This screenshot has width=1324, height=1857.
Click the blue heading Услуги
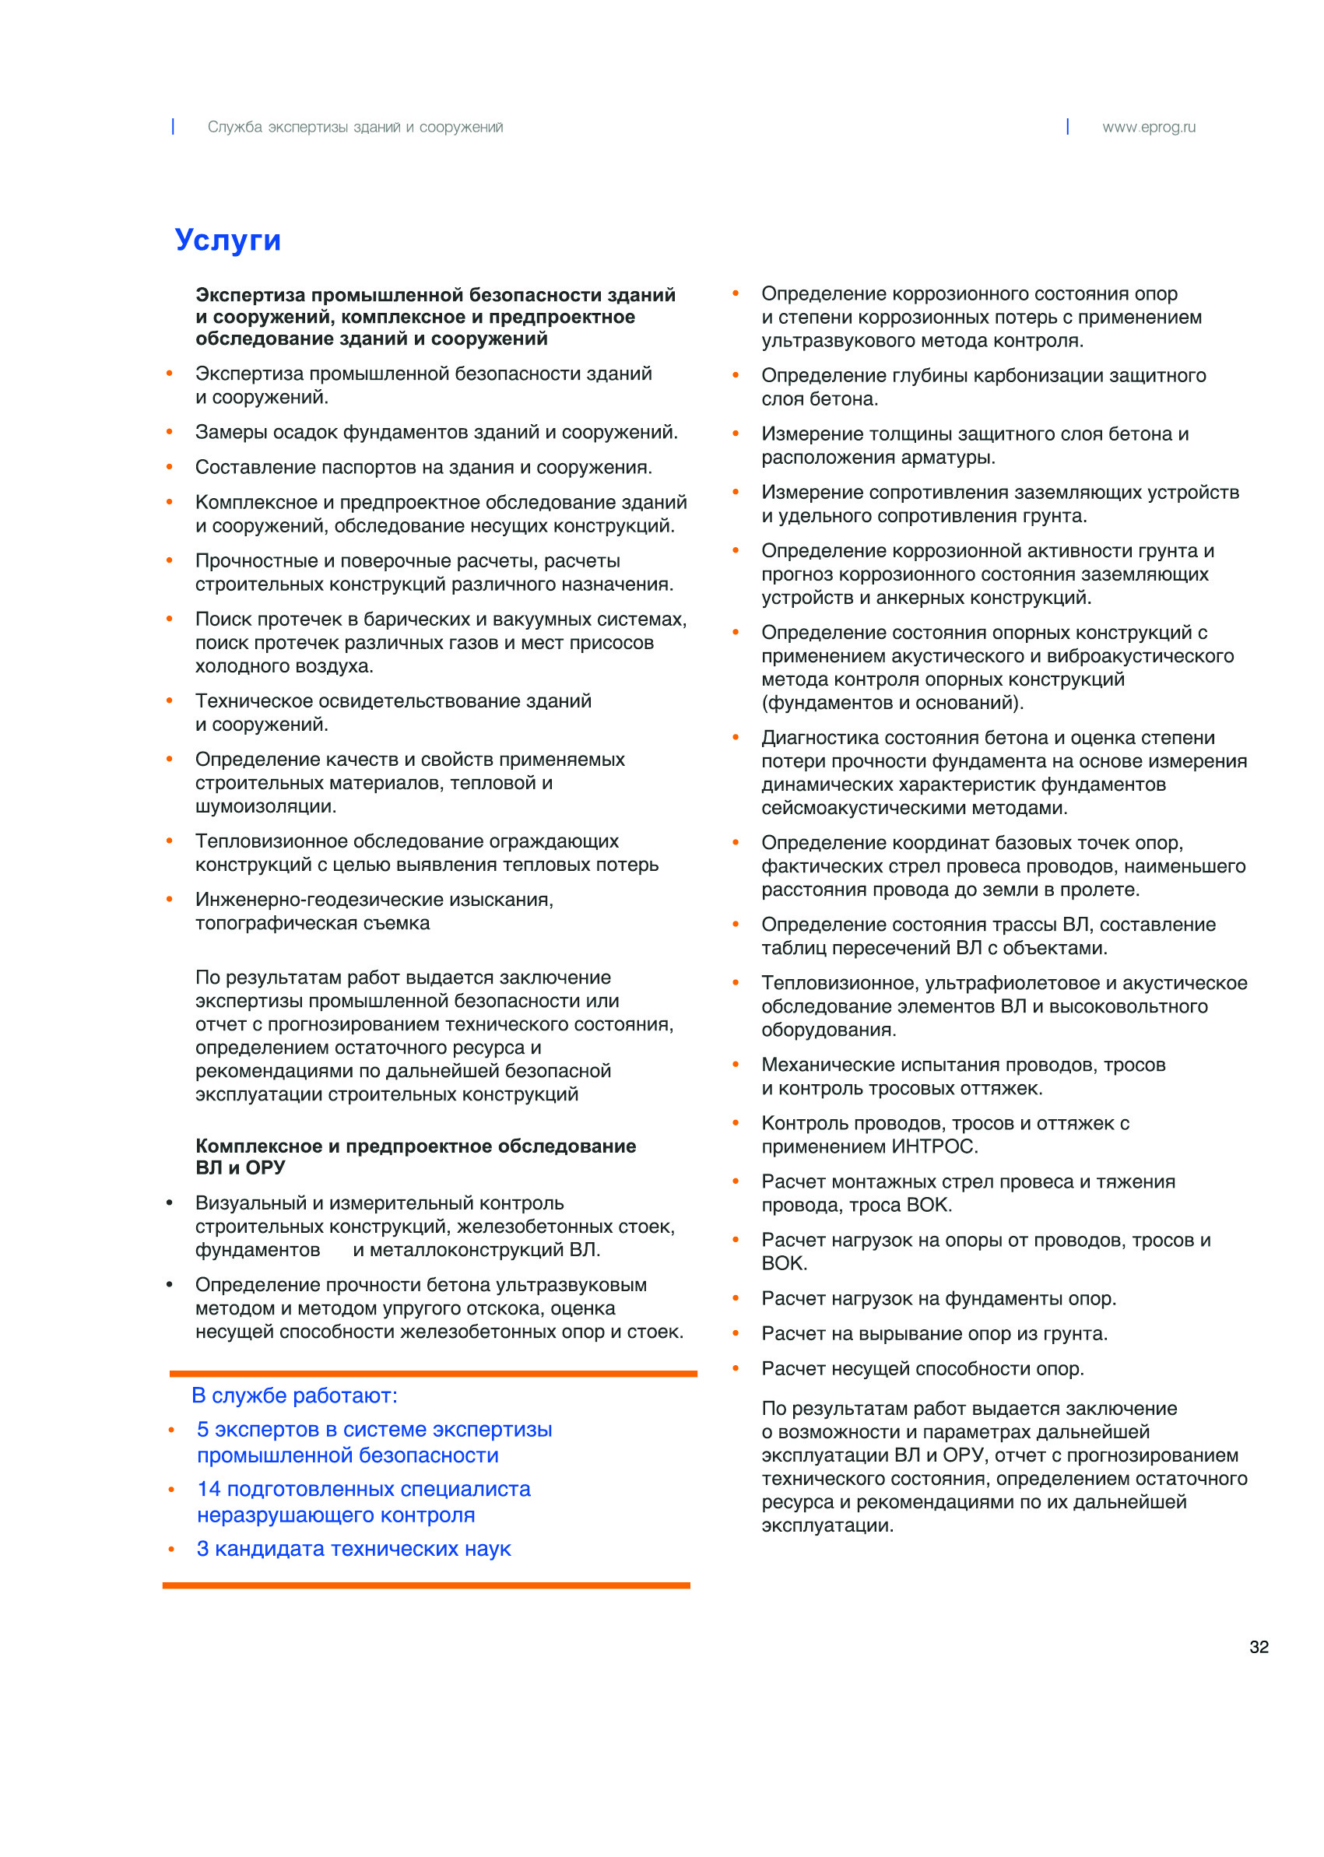click(x=227, y=240)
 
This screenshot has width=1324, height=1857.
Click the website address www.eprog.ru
click(x=1149, y=127)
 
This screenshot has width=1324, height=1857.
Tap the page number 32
click(x=1258, y=1647)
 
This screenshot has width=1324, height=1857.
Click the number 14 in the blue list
click(x=209, y=1490)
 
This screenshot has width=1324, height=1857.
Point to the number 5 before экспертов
click(x=202, y=1430)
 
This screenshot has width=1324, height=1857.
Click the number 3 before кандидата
click(x=202, y=1549)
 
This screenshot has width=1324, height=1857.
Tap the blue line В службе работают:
click(x=294, y=1395)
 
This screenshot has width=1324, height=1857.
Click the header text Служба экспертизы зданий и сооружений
click(x=355, y=127)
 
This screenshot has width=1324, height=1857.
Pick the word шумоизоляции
click(x=265, y=807)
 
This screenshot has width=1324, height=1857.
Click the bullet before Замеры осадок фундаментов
click(x=170, y=432)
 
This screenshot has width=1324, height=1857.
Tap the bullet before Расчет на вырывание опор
click(x=736, y=1334)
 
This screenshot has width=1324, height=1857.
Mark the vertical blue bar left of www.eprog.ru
click(x=1067, y=126)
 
